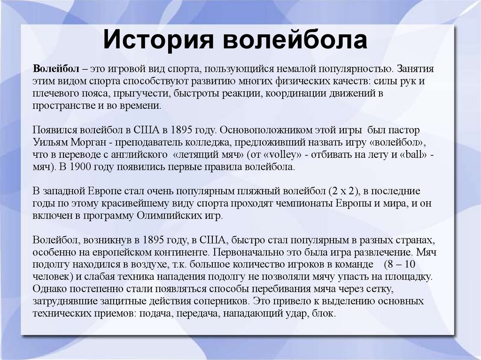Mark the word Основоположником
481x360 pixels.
[265, 130]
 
